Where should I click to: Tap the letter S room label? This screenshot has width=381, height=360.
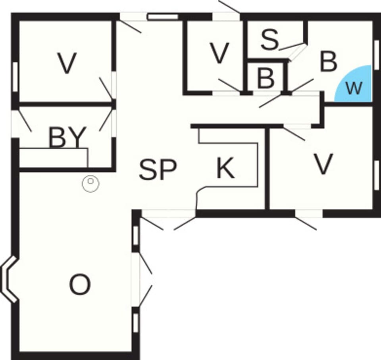pyautogui.click(x=270, y=39)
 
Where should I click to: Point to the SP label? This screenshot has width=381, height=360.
pyautogui.click(x=158, y=170)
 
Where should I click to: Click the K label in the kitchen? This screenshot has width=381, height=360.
pyautogui.click(x=225, y=169)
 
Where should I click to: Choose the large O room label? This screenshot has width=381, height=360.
pyautogui.click(x=80, y=285)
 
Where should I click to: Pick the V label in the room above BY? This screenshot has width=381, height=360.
pyautogui.click(x=66, y=63)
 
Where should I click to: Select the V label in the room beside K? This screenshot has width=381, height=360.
pyautogui.click(x=323, y=164)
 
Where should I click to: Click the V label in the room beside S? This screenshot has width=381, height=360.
pyautogui.click(x=219, y=53)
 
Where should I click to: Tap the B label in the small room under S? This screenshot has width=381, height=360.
pyautogui.click(x=266, y=78)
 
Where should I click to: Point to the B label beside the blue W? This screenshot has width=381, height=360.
pyautogui.click(x=329, y=62)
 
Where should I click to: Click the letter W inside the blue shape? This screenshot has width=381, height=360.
pyautogui.click(x=354, y=88)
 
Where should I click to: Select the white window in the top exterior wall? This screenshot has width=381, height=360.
pyautogui.click(x=162, y=17)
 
